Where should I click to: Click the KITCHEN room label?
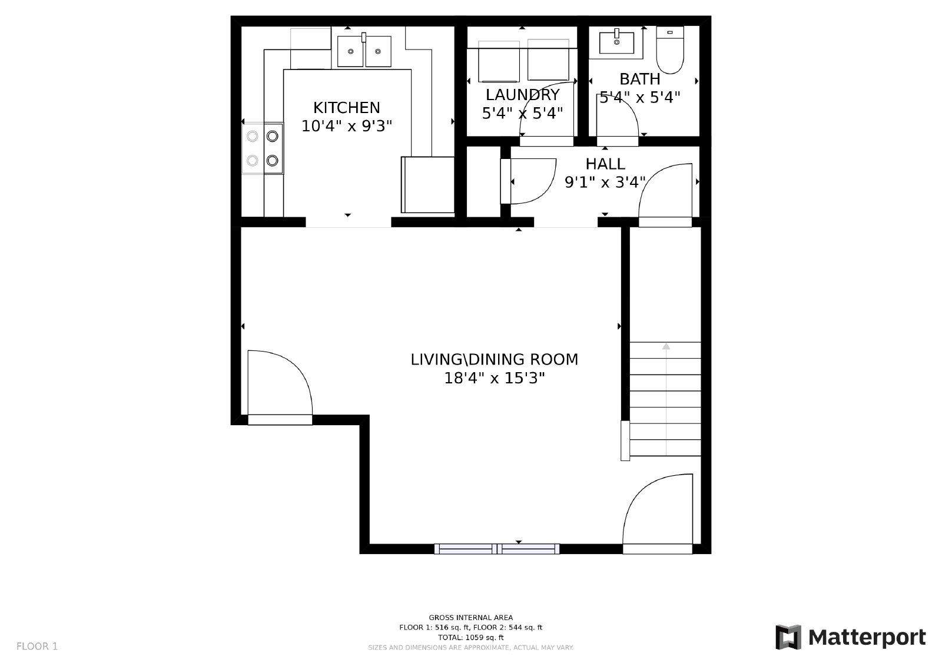tap(346, 108)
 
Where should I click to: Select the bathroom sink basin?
tap(616, 42)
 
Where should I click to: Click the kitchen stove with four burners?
tap(263, 148)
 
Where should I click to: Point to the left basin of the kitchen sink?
tap(350, 51)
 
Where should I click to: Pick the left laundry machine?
tap(499, 61)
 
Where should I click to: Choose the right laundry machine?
tap(548, 59)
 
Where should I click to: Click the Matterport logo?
tap(850, 637)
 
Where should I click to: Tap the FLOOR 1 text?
tap(37, 647)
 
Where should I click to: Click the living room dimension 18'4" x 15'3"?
tap(494, 378)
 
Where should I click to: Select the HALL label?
tap(605, 164)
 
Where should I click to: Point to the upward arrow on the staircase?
tap(666, 346)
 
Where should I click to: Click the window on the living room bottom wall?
tap(497, 549)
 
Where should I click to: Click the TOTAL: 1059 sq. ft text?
tap(470, 637)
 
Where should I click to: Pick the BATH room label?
tap(639, 79)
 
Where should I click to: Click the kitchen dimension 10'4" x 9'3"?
tap(346, 126)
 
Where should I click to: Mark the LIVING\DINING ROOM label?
tap(494, 359)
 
